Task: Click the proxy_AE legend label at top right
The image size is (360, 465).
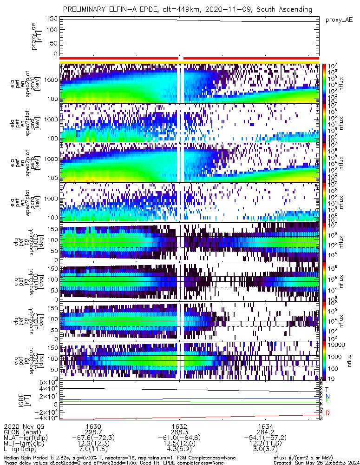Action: coord(340,20)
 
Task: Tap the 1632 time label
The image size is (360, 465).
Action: coord(179,425)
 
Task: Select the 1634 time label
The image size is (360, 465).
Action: coord(266,425)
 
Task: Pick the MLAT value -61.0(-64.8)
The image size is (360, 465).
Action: coord(179,438)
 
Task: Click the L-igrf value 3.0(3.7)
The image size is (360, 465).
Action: coord(266,450)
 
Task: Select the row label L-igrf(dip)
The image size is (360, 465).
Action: coord(23,450)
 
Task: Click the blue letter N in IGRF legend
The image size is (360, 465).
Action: coord(327,396)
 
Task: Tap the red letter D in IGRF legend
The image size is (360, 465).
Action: coord(327,413)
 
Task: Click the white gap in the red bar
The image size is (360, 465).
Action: coord(182,58)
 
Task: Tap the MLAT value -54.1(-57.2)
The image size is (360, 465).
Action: coord(266,438)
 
